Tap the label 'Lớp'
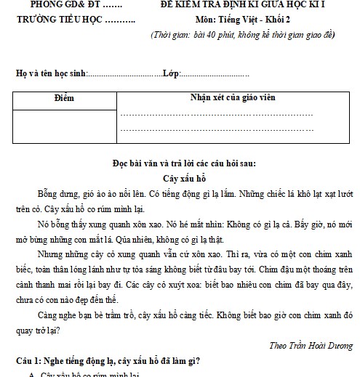coord(170,74)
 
